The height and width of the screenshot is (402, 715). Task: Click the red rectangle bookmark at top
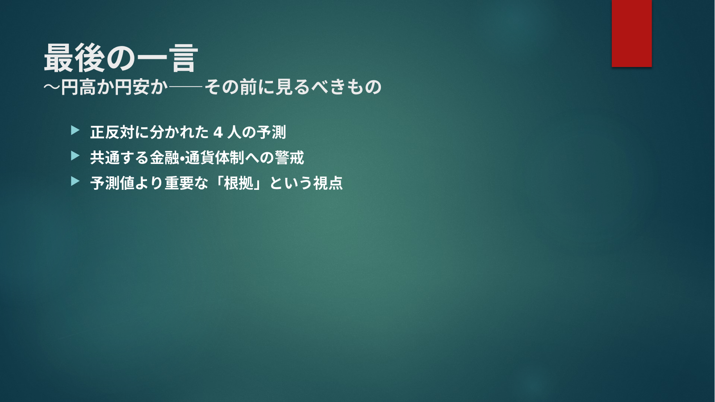pos(631,33)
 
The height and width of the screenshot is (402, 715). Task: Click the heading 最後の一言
pos(121,58)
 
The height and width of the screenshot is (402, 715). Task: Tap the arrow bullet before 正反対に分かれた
pos(75,130)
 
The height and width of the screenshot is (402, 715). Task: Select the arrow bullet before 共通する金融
pos(75,156)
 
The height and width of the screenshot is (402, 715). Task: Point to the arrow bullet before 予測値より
pos(75,181)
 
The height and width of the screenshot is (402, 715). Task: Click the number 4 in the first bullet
pos(218,132)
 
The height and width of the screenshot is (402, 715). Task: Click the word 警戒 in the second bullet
pos(289,158)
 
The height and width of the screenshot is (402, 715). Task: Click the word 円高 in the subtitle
pos(78,87)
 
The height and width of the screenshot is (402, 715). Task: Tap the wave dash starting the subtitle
pos(52,87)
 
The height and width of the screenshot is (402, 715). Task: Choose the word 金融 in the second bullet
pos(164,158)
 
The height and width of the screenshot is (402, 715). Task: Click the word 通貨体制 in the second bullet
pos(214,158)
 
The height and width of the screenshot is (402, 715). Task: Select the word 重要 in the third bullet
pos(179,183)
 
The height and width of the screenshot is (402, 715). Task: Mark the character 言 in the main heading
pos(184,58)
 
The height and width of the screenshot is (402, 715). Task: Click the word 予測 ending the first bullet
pos(272,132)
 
